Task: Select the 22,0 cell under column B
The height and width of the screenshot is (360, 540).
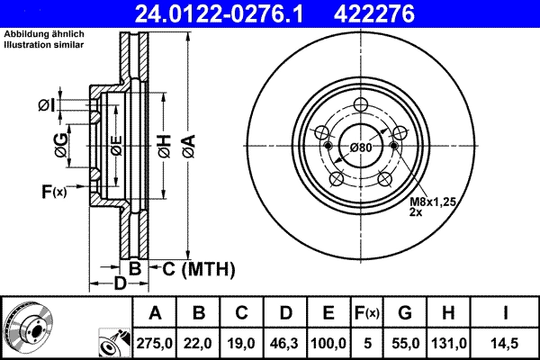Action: (x=199, y=343)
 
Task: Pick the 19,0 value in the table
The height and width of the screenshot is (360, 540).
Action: (x=242, y=343)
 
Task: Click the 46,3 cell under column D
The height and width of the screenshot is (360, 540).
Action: (x=285, y=343)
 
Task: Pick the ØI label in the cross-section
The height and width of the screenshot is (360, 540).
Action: (x=46, y=105)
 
